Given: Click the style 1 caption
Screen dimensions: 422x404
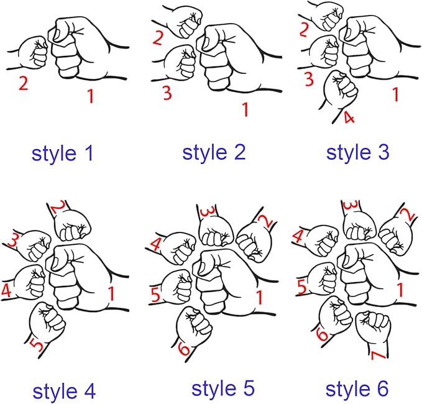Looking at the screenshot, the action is (62, 154).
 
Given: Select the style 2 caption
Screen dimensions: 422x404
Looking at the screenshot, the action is (214, 153).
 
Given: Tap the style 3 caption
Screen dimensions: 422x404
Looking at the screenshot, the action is (358, 153).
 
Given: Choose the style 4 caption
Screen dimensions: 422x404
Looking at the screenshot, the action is (64, 392).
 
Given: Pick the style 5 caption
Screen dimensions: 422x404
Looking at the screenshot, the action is (223, 388).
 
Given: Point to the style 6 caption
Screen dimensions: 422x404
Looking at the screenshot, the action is (357, 389).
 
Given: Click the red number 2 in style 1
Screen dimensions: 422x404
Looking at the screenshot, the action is (23, 83).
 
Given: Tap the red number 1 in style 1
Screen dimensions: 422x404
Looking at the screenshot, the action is (91, 96).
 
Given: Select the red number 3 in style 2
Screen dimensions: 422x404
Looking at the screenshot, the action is (167, 93).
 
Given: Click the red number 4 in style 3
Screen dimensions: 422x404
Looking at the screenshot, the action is (349, 117).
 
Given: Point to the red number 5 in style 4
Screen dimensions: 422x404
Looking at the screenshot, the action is (37, 346).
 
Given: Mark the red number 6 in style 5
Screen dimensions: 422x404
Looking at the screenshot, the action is (185, 349).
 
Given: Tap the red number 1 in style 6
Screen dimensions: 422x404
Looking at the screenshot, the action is (400, 290).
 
